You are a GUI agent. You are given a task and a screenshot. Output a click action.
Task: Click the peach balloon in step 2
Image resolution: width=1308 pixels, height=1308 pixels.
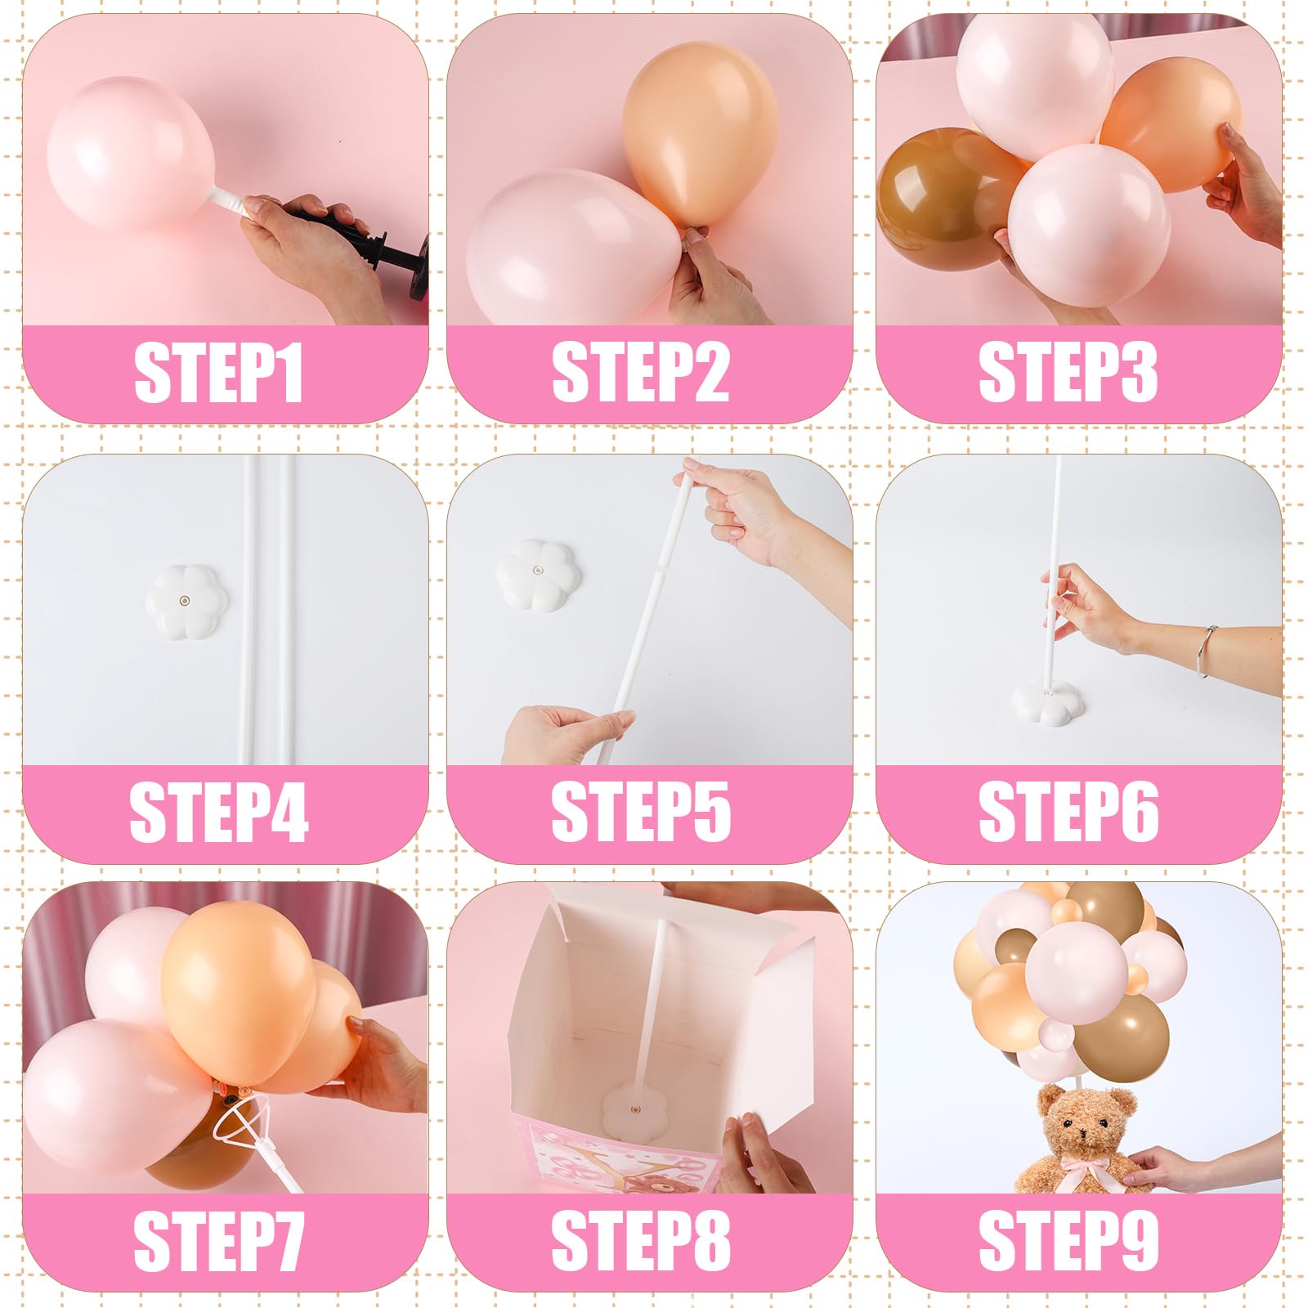pos(701,135)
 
